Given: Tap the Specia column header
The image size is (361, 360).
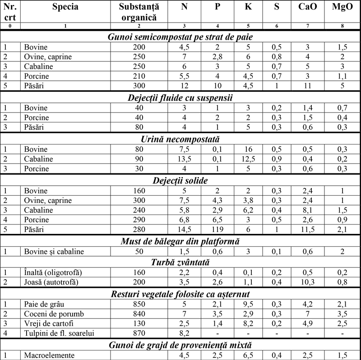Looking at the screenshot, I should point(65,7).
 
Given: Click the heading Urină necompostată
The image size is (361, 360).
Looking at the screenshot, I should point(180,140).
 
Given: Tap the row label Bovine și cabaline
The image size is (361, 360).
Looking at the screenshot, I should point(53,252).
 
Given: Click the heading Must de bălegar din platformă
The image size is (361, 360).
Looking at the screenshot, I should point(180,242).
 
